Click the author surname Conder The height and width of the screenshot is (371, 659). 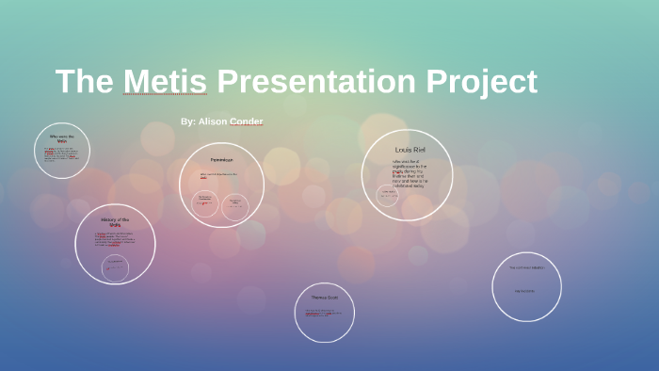[247, 121]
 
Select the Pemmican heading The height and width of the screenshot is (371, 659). [221, 160]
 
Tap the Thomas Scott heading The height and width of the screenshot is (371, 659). [324, 298]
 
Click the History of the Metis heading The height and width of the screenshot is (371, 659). [115, 222]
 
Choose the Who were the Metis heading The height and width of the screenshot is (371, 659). [62, 137]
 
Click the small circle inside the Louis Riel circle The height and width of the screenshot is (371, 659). [388, 194]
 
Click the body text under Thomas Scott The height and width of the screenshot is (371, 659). [323, 313]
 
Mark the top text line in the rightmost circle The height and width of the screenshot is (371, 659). [526, 267]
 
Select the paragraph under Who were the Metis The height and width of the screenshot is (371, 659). [61, 154]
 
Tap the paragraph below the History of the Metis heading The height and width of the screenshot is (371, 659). [115, 239]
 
